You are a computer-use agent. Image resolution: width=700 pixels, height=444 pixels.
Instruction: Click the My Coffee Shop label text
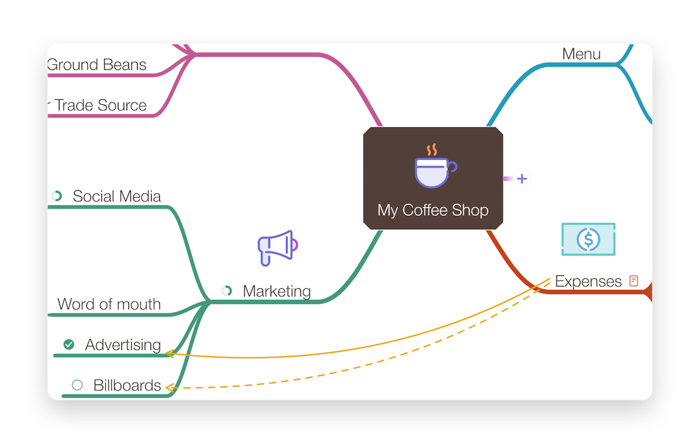coord(433,210)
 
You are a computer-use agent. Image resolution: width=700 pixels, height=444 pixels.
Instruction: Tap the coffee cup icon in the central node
coord(436,166)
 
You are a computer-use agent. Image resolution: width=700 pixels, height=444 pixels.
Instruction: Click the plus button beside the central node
coord(522,179)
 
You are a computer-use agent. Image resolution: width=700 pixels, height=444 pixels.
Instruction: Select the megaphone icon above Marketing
coord(278,248)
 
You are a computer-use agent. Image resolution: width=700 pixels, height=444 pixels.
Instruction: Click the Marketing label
coord(277,291)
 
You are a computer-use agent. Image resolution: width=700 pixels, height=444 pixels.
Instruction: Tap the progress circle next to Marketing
coord(226,291)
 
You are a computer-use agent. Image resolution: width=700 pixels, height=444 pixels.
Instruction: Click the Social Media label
coord(117,196)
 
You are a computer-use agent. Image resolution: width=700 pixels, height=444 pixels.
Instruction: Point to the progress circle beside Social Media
coord(57,196)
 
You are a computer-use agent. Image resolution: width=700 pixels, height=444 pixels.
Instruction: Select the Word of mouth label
coord(109,304)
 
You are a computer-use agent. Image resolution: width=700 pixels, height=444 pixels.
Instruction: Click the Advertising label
coord(123,345)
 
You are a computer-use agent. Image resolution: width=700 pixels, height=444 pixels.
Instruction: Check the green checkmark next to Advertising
coord(69,344)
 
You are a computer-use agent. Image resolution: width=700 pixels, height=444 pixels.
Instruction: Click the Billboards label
coord(127,385)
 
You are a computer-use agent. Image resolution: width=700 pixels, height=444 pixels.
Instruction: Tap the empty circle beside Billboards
coord(77,385)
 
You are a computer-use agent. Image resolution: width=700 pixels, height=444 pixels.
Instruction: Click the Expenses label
coord(589,282)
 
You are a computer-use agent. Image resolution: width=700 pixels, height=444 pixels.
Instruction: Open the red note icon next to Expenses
coord(633,281)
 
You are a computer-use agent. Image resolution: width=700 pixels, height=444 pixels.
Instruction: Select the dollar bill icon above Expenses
coord(589,239)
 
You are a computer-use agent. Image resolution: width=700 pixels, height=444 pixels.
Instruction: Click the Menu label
coord(581,54)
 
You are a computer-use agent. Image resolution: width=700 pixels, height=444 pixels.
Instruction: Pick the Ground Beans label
coord(97,65)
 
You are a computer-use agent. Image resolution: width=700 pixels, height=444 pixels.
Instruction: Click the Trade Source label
coord(100,105)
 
